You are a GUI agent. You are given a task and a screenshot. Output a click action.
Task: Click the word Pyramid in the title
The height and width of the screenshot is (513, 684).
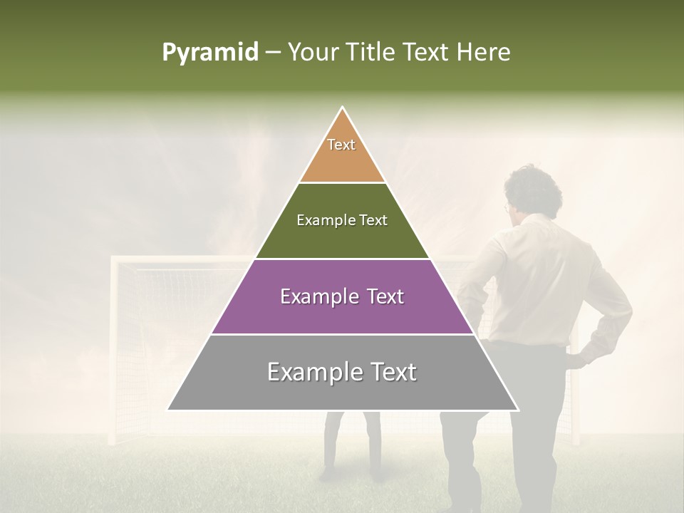point(209,53)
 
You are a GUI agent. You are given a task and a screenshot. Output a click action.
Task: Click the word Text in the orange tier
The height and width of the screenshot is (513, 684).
point(341,145)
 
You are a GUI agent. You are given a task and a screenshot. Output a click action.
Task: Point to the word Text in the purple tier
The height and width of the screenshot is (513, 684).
point(381,296)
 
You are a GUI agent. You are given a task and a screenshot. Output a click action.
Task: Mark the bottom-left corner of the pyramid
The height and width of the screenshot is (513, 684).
point(168,410)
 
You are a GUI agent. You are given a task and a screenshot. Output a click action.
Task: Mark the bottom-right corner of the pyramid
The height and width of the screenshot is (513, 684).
point(518,410)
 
